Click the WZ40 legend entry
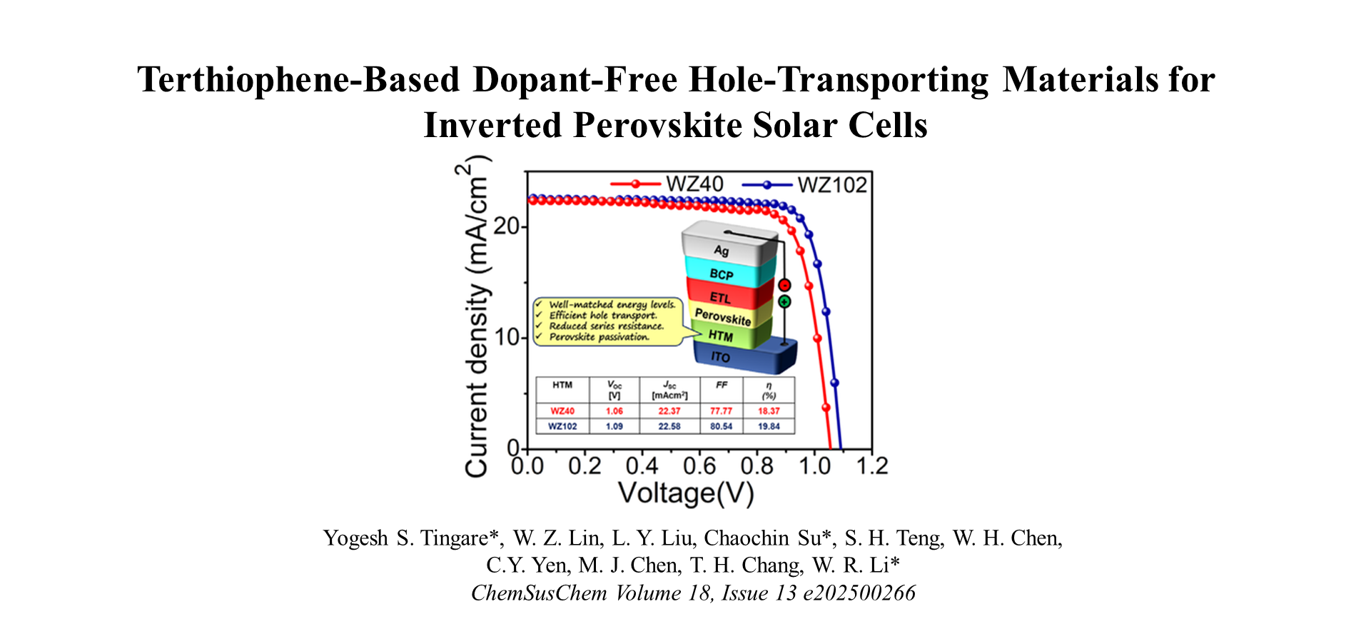pos(694,184)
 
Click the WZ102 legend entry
pos(831,185)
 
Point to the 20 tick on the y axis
pos(506,227)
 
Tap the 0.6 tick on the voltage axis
pos(699,466)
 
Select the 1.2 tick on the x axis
pos(871,466)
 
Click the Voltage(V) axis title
pos(685,493)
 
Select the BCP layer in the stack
pos(722,274)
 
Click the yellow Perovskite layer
pos(722,316)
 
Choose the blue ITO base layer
pos(721,356)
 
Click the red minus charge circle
pos(784,286)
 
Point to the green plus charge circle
pos(784,302)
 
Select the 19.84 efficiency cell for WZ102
pos(769,426)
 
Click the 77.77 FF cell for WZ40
pos(721,411)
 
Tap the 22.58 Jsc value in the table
pos(669,426)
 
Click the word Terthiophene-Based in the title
pos(298,79)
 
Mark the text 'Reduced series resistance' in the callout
pos(606,326)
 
